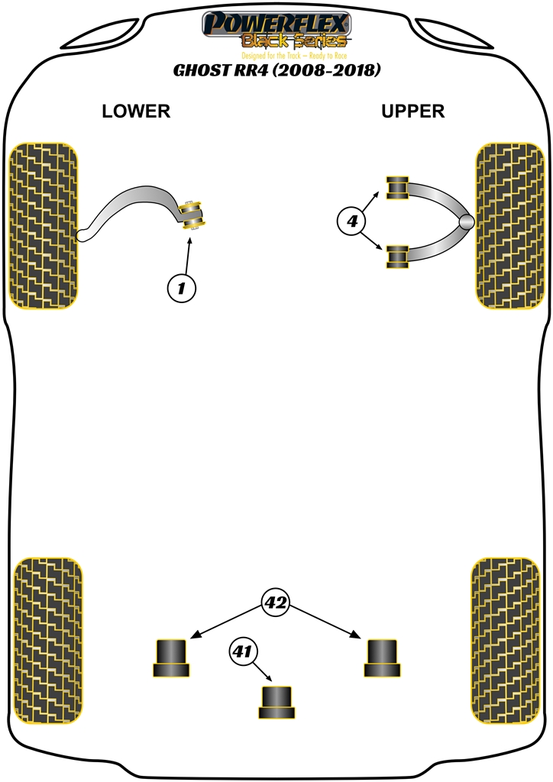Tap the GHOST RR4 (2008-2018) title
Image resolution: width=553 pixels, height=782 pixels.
pos(276,71)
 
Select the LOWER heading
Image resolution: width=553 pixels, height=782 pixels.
pos(136,111)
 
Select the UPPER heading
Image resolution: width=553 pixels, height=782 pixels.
pos(412,111)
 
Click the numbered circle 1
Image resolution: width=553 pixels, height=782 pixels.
pos(181,288)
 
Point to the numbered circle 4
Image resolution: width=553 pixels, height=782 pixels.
pos(351,222)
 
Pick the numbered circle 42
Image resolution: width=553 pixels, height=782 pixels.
pos(276,603)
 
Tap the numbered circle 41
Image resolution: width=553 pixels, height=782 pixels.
pos(242,652)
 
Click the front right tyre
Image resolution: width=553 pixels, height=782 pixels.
pos(509,226)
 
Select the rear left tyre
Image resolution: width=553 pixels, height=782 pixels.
pos(48,641)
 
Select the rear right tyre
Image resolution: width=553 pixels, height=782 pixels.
pos(506,641)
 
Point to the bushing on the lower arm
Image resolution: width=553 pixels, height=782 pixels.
pos(192,214)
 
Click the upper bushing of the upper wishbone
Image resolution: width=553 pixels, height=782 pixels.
pos(397,187)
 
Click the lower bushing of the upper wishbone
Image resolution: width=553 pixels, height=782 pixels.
pos(397,257)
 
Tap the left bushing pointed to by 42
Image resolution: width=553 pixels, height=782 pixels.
pos(171,658)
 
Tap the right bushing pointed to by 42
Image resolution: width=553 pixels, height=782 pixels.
pos(382,658)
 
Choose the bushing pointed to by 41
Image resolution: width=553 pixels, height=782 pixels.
pos(276,702)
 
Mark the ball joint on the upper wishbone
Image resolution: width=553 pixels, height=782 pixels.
pos(467,222)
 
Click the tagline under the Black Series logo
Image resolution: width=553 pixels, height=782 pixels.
pos(276,57)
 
